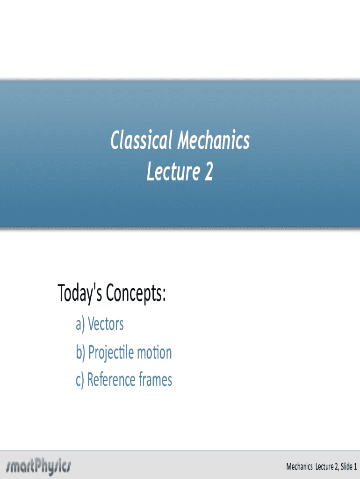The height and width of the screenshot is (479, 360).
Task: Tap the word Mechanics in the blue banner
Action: [214, 140]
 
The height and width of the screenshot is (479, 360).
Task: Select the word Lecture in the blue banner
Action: [173, 171]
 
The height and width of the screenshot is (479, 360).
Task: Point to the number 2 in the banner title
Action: [209, 171]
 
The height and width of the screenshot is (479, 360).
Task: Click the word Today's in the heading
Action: [79, 293]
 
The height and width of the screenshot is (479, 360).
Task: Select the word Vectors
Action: [106, 324]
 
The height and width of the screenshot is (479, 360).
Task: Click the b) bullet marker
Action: [80, 353]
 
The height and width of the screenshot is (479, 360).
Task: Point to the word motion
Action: [154, 353]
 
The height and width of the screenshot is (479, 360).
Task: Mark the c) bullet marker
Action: [79, 380]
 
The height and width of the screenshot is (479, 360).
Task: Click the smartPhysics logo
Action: [38, 466]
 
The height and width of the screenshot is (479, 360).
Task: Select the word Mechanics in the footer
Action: [299, 466]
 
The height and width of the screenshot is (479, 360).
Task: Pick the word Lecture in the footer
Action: [324, 466]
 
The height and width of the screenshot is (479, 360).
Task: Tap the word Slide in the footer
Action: [346, 466]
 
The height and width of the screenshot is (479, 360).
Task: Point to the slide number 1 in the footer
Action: [355, 466]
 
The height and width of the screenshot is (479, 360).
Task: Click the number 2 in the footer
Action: [336, 466]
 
